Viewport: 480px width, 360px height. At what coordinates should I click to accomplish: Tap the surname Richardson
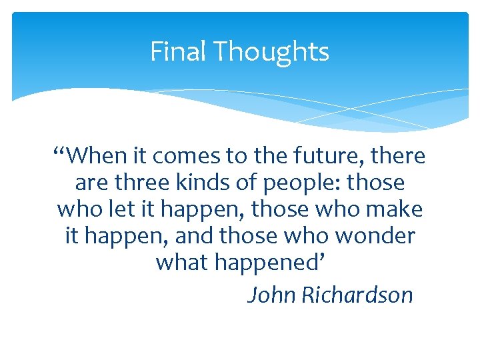(x=357, y=295)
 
